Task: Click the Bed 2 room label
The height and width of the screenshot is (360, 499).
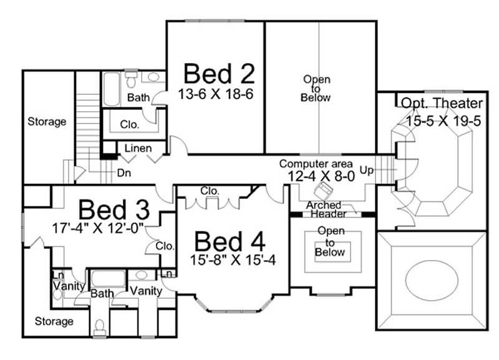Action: pyautogui.click(x=220, y=74)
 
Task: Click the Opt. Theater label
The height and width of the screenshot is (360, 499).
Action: pyautogui.click(x=442, y=104)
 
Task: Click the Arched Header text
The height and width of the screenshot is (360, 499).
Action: pyautogui.click(x=324, y=210)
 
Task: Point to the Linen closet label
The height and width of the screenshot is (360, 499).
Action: pyautogui.click(x=138, y=148)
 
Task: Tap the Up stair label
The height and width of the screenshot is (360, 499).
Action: pyautogui.click(x=367, y=170)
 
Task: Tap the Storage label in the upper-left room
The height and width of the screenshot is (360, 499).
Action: pyautogui.click(x=46, y=122)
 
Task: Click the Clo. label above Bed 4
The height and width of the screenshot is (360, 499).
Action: pyautogui.click(x=208, y=190)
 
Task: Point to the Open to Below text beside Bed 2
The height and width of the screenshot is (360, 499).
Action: pyautogui.click(x=316, y=89)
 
